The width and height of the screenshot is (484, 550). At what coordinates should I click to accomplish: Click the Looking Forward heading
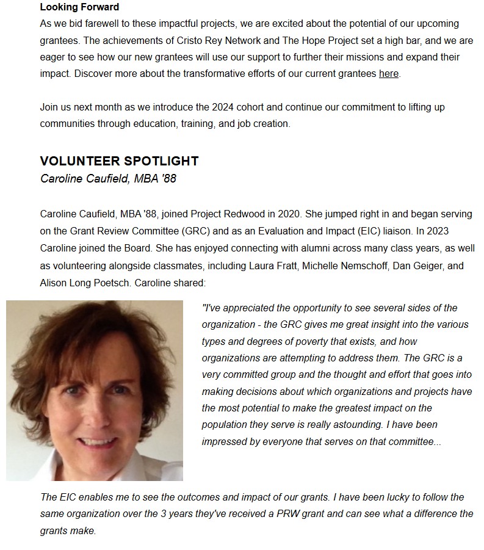(79, 7)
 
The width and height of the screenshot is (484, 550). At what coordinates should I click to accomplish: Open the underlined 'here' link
(388, 73)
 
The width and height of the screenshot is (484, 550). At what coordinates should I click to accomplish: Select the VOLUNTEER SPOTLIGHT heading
(119, 161)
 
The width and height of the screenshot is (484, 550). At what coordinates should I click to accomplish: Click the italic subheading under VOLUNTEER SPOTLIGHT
(108, 178)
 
